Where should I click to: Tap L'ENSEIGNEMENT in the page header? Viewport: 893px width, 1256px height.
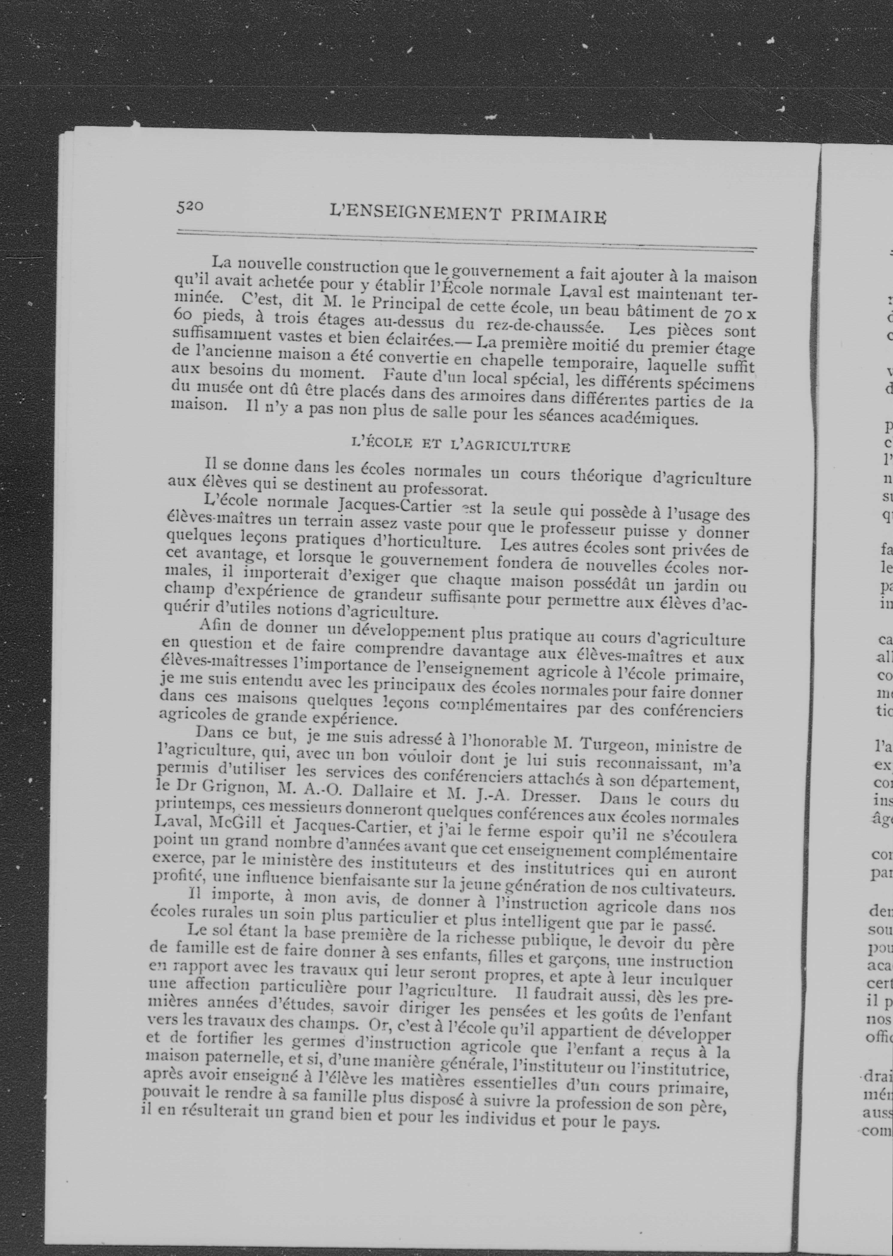(x=416, y=211)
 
